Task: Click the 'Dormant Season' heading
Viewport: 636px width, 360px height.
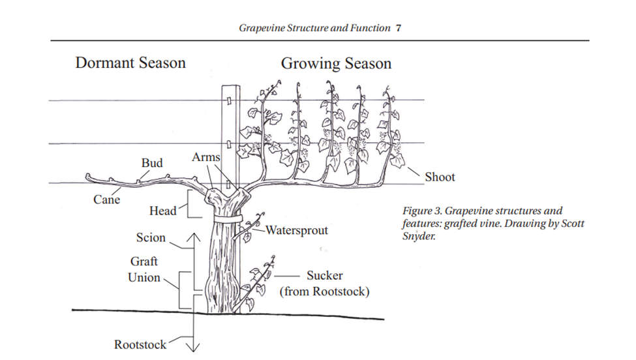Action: pos(130,63)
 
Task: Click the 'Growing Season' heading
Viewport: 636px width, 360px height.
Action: pos(336,63)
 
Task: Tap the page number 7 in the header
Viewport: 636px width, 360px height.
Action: pos(399,28)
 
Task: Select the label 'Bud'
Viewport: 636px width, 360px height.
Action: pos(152,162)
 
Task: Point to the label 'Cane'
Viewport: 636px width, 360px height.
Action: pos(106,200)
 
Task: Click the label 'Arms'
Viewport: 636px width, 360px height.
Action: pos(206,157)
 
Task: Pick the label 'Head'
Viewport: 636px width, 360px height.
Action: pos(163,211)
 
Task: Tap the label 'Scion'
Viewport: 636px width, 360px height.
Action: pos(151,237)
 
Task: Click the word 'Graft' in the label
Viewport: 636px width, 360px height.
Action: pos(144,262)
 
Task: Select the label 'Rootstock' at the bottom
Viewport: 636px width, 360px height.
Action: pos(140,344)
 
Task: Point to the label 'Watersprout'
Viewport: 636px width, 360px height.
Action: pos(297,230)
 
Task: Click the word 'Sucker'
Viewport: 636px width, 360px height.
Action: pos(325,275)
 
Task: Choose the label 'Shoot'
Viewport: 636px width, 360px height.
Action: pos(440,177)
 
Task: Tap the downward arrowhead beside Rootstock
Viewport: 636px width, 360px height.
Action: pos(192,348)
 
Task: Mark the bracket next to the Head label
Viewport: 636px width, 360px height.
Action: pos(187,204)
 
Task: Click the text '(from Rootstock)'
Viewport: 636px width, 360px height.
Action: pos(324,292)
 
